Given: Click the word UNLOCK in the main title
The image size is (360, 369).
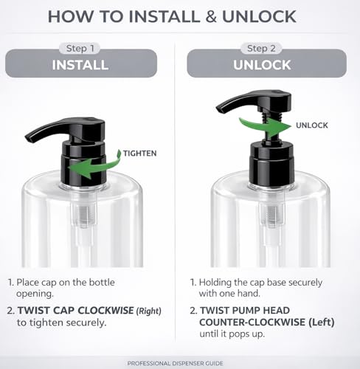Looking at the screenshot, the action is tap(259, 16).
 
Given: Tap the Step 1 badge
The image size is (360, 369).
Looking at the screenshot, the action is tap(80, 48).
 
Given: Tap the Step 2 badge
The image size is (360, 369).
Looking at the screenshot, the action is tap(261, 48).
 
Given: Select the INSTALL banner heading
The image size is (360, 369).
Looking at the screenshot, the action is tap(80, 65).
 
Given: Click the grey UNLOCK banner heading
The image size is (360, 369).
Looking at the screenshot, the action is tap(262, 65).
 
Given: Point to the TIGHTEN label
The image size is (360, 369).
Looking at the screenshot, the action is tap(139, 154).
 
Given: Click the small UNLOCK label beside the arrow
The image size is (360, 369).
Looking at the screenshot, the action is tap(312, 125).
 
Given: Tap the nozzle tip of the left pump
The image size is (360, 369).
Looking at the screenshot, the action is tap(29, 139).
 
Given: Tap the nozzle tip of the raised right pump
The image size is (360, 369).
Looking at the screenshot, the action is tap(220, 109).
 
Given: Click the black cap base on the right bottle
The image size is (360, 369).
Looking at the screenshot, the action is tap(271, 163).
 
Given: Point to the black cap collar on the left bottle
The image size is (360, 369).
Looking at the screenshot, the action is tap(84, 163).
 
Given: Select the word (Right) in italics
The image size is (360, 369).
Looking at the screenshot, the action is tap(149, 311).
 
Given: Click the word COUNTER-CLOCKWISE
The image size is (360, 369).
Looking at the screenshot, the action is tap(252, 322).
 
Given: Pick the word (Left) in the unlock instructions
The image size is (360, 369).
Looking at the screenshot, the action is tap(322, 323).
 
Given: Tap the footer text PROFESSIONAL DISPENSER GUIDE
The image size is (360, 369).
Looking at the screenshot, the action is tap(176, 363).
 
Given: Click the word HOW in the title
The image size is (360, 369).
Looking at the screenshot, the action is tap(71, 16).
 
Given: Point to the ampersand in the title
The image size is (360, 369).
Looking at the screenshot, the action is tap(211, 16).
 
